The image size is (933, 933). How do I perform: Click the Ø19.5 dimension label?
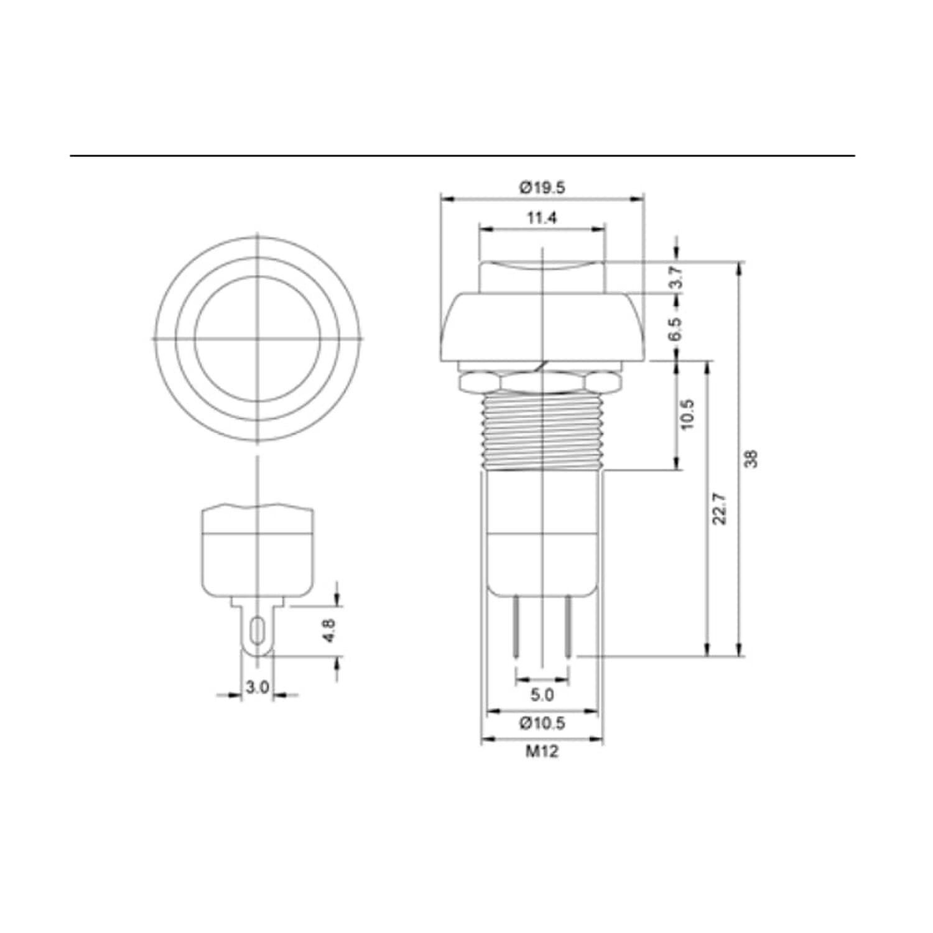542,187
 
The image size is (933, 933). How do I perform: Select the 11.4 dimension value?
542,218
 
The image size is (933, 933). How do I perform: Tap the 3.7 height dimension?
677,277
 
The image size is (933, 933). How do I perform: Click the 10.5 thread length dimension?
687,415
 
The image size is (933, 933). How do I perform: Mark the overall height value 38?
752,459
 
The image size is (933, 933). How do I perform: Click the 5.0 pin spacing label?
542,694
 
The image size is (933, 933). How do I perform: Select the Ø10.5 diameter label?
542,723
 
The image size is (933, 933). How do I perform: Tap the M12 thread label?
542,751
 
